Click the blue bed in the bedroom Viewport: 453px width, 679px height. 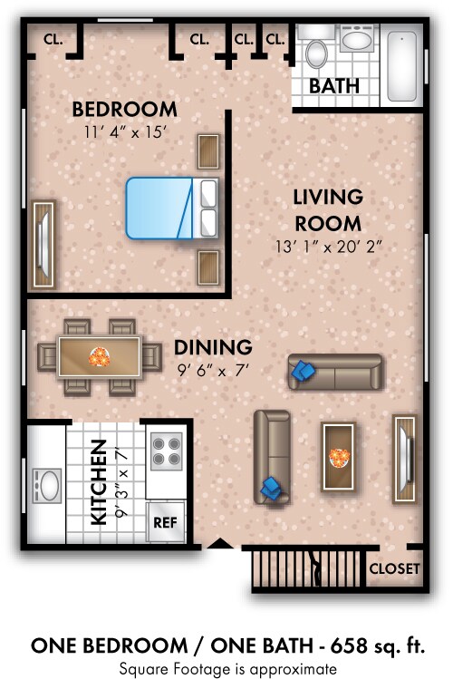pyautogui.click(x=172, y=208)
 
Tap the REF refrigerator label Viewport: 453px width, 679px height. pyautogui.click(x=165, y=522)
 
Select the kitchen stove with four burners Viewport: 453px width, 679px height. pyautogui.click(x=167, y=451)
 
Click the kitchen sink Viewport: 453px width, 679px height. pyautogui.click(x=47, y=485)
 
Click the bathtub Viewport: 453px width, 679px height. pyautogui.click(x=402, y=66)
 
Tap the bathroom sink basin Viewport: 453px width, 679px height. pyautogui.click(x=357, y=39)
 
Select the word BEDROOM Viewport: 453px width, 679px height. pyautogui.click(x=125, y=109)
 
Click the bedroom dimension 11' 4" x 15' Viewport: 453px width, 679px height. pyautogui.click(x=125, y=132)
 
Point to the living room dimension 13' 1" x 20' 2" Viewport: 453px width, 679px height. pyautogui.click(x=329, y=247)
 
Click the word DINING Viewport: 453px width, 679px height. pyautogui.click(x=213, y=347)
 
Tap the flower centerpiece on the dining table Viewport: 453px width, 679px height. pyautogui.click(x=99, y=357)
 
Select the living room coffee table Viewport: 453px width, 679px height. pyautogui.click(x=339, y=456)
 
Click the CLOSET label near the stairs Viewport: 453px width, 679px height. pyautogui.click(x=394, y=568)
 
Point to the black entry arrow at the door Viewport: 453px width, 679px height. pyautogui.click(x=221, y=543)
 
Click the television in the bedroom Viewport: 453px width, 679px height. pyautogui.click(x=43, y=244)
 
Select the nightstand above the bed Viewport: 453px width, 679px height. pyautogui.click(x=208, y=151)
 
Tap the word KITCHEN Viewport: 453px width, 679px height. pyautogui.click(x=99, y=482)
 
